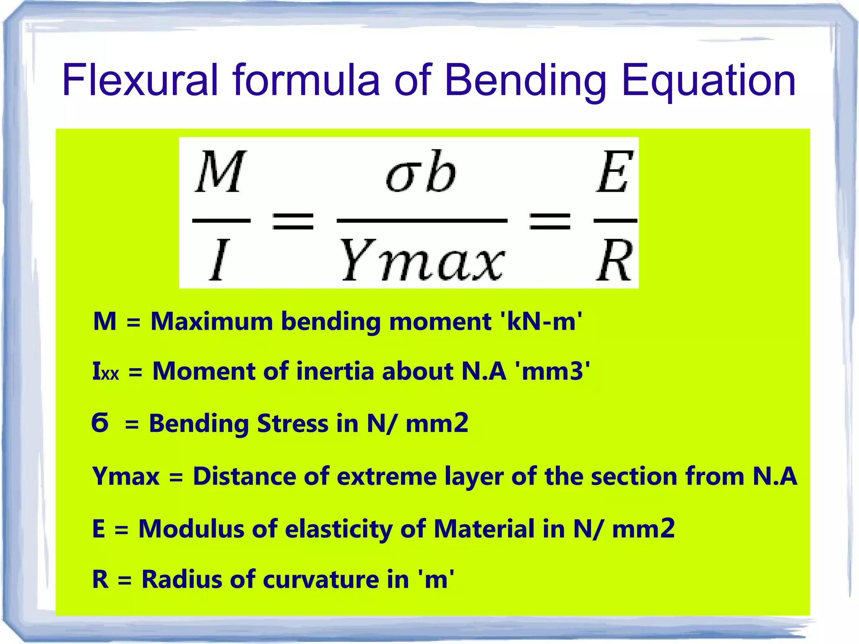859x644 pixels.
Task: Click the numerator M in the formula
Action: (220, 172)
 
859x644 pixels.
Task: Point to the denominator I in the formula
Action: (219, 260)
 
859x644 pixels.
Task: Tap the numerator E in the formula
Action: (615, 172)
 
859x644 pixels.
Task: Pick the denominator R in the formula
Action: (614, 260)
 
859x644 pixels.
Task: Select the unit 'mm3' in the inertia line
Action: (555, 372)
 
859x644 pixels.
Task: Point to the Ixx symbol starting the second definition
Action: (105, 372)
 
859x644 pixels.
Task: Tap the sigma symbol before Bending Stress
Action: (100, 422)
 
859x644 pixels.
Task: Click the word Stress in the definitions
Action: (292, 423)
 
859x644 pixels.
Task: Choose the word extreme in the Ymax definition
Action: (386, 477)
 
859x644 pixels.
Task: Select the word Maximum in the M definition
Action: (212, 322)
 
